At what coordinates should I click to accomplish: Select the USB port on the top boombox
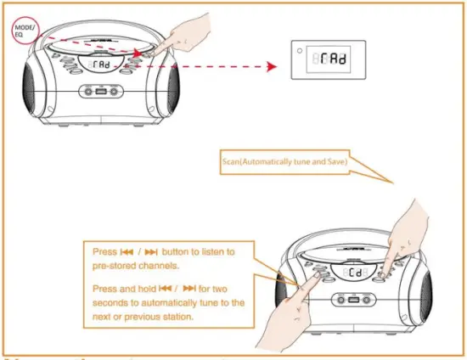pyautogui.click(x=98, y=93)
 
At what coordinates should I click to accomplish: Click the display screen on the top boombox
pyautogui.click(x=98, y=64)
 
